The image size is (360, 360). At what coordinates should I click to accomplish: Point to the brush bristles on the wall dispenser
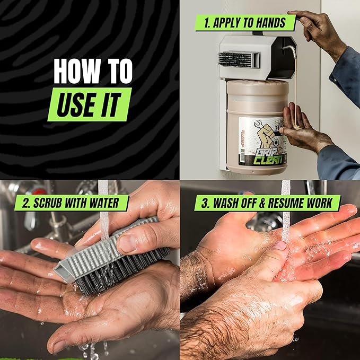233,58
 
